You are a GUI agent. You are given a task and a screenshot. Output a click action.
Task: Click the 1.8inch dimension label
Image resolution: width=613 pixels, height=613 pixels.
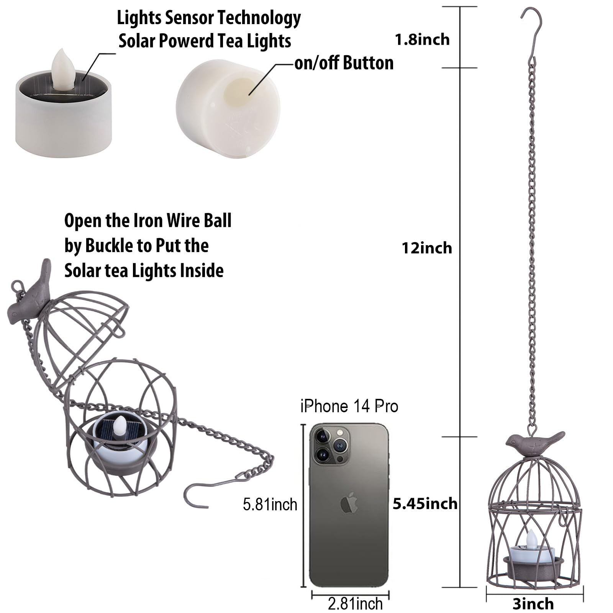422,39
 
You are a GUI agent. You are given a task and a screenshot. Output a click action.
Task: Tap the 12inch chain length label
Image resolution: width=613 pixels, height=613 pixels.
426,248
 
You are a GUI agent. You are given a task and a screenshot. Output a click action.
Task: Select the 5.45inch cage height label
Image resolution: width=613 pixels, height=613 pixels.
425,503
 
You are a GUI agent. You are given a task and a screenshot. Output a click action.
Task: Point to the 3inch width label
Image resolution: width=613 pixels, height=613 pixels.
533,604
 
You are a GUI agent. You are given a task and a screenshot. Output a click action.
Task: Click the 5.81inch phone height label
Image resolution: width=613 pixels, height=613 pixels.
270,505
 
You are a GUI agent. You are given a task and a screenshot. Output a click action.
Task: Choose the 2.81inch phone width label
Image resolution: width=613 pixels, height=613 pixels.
355,604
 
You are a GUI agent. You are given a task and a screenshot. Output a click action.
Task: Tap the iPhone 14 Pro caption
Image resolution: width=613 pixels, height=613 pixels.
349,406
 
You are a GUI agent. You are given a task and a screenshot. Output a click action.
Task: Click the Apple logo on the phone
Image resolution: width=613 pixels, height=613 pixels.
349,503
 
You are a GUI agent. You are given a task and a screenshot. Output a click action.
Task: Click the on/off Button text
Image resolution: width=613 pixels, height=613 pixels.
344,63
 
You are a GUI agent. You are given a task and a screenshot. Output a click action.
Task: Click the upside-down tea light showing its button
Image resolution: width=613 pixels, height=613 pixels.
228,108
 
